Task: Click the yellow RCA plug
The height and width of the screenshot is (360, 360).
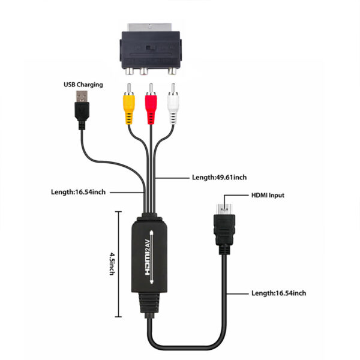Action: [129, 104]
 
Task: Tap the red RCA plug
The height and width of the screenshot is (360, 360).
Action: [151, 104]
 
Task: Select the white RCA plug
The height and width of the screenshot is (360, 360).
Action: [173, 104]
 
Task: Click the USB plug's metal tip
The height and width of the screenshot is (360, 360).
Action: [82, 97]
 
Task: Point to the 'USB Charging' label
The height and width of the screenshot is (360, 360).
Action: [83, 85]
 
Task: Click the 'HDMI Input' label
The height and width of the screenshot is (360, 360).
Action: [268, 196]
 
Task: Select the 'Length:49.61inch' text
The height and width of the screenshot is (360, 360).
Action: [219, 178]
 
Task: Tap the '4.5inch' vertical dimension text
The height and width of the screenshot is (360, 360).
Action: [112, 263]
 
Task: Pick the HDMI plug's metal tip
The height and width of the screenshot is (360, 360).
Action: [224, 209]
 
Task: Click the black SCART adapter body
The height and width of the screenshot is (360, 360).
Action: [151, 50]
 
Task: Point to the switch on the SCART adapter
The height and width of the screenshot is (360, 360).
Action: [151, 48]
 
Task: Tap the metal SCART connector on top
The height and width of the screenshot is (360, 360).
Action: [149, 28]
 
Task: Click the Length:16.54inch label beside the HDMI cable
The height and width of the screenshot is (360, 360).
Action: [279, 293]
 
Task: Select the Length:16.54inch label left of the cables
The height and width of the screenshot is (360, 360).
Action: [78, 192]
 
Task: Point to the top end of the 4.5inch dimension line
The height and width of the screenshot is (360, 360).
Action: [118, 212]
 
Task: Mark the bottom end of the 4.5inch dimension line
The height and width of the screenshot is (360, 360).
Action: [118, 317]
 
